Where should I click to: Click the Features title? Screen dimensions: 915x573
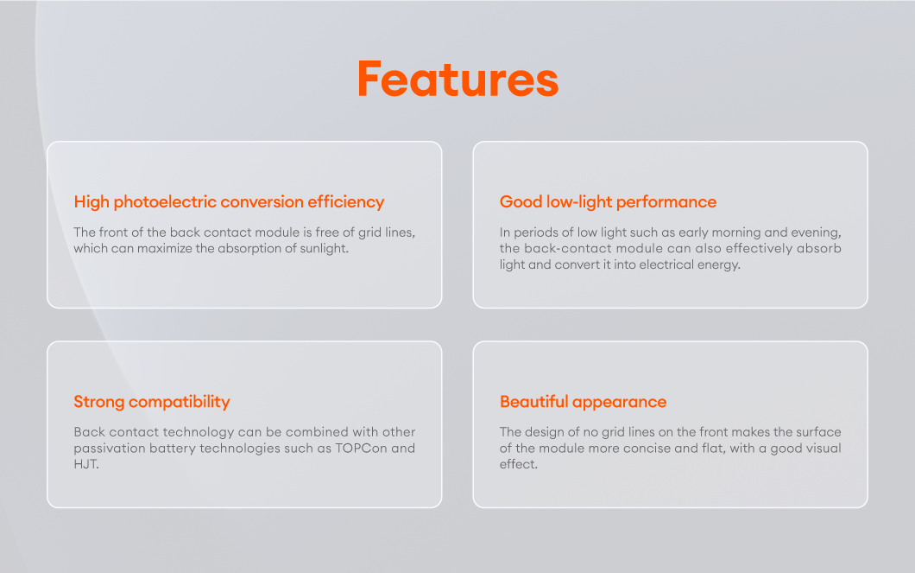[458, 79]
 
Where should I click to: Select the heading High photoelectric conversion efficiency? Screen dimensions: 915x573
[229, 202]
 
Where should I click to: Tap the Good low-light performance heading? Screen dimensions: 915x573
[608, 202]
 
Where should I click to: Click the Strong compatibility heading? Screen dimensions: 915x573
[152, 402]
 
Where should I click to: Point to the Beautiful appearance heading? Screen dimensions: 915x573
[583, 402]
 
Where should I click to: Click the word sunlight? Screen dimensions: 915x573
[324, 249]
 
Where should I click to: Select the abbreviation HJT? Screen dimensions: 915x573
[85, 464]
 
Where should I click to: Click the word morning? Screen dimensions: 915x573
[736, 233]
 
